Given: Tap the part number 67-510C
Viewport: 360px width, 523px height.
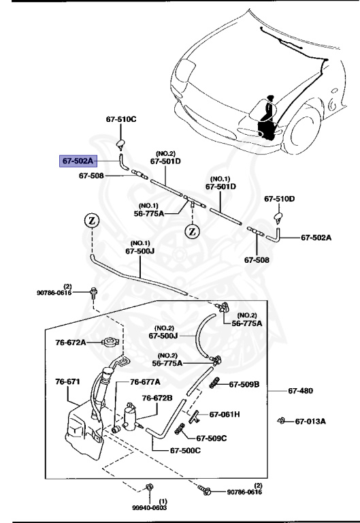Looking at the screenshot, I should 121,119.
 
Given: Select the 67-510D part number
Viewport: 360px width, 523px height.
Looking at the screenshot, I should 279,199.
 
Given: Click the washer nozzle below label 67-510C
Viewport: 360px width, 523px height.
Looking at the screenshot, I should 121,142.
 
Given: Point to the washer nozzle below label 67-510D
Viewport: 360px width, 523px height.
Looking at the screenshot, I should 279,217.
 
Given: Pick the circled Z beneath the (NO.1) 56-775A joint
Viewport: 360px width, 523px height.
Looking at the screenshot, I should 193,230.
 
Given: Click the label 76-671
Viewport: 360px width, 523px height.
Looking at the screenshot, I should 68,381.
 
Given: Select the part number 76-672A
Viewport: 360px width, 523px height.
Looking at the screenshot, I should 71,343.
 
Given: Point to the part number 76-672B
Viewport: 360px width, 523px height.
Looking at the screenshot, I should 157,398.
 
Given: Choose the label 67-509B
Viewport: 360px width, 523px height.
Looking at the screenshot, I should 244,384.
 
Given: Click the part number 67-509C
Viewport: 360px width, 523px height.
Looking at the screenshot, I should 212,438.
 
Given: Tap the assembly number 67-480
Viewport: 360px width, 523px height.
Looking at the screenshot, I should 300,391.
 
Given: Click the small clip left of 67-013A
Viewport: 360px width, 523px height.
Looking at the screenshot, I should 280,421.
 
